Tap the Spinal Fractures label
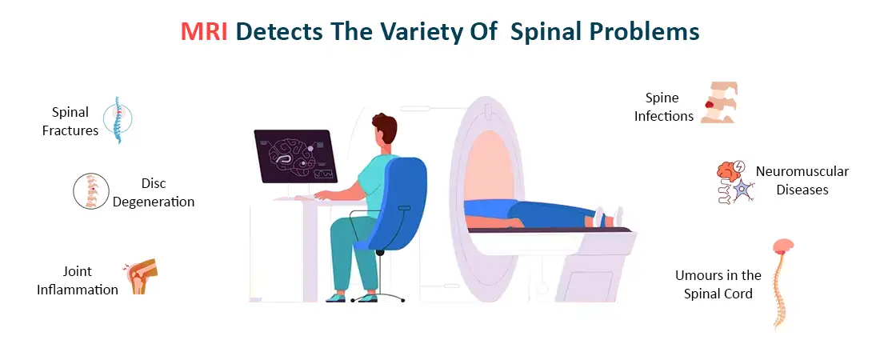pos(70,121)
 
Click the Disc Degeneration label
pos(153,193)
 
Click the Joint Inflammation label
pos(78,280)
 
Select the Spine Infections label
pos(663,106)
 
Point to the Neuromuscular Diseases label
pos(802,180)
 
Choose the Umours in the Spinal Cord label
pos(718,284)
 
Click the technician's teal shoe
pos(364,297)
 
